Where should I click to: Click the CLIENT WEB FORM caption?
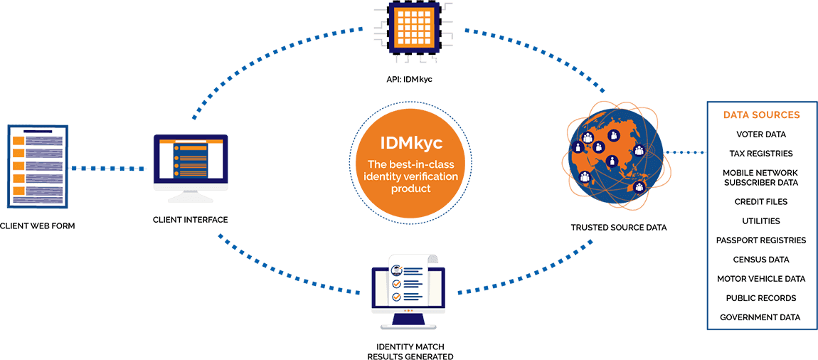point(38,226)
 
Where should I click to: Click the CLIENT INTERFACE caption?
point(191,220)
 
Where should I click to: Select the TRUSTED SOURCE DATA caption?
point(618,228)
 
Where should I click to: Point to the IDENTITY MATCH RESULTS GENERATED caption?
point(410,351)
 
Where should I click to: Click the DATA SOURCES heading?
point(761,115)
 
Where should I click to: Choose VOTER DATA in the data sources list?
point(761,134)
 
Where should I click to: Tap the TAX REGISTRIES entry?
point(761,153)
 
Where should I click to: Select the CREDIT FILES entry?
point(761,201)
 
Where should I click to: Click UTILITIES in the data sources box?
point(761,221)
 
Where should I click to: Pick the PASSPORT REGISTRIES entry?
point(761,240)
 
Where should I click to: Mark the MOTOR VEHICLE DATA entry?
point(761,279)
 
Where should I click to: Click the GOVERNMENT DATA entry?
point(760,317)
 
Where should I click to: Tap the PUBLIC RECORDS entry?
point(761,298)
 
